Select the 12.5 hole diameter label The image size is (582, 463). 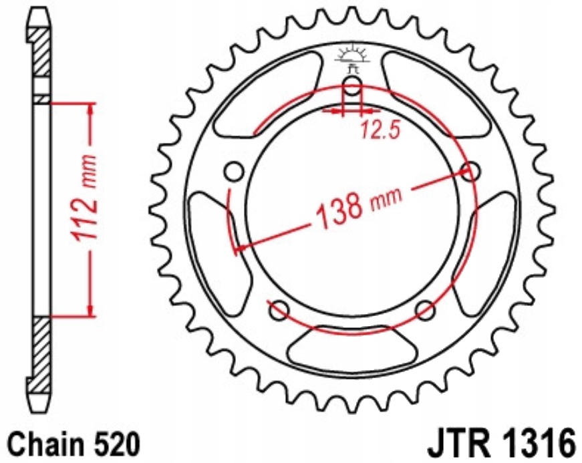(380, 131)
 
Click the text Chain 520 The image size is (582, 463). (74, 444)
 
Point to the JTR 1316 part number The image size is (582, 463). (503, 444)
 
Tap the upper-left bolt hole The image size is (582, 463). (235, 172)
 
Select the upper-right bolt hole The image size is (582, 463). (470, 172)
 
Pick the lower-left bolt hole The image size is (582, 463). (279, 310)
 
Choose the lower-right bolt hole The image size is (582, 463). (426, 310)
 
